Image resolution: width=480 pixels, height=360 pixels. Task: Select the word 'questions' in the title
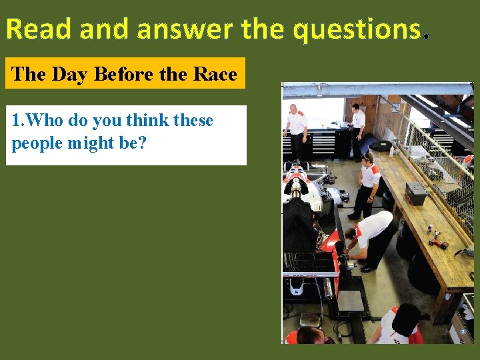pos(356,29)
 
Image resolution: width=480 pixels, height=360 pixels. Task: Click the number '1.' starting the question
pos(17,121)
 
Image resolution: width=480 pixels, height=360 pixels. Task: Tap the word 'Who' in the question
pos(45,121)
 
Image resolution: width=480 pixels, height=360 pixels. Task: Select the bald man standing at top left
pos(295,127)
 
